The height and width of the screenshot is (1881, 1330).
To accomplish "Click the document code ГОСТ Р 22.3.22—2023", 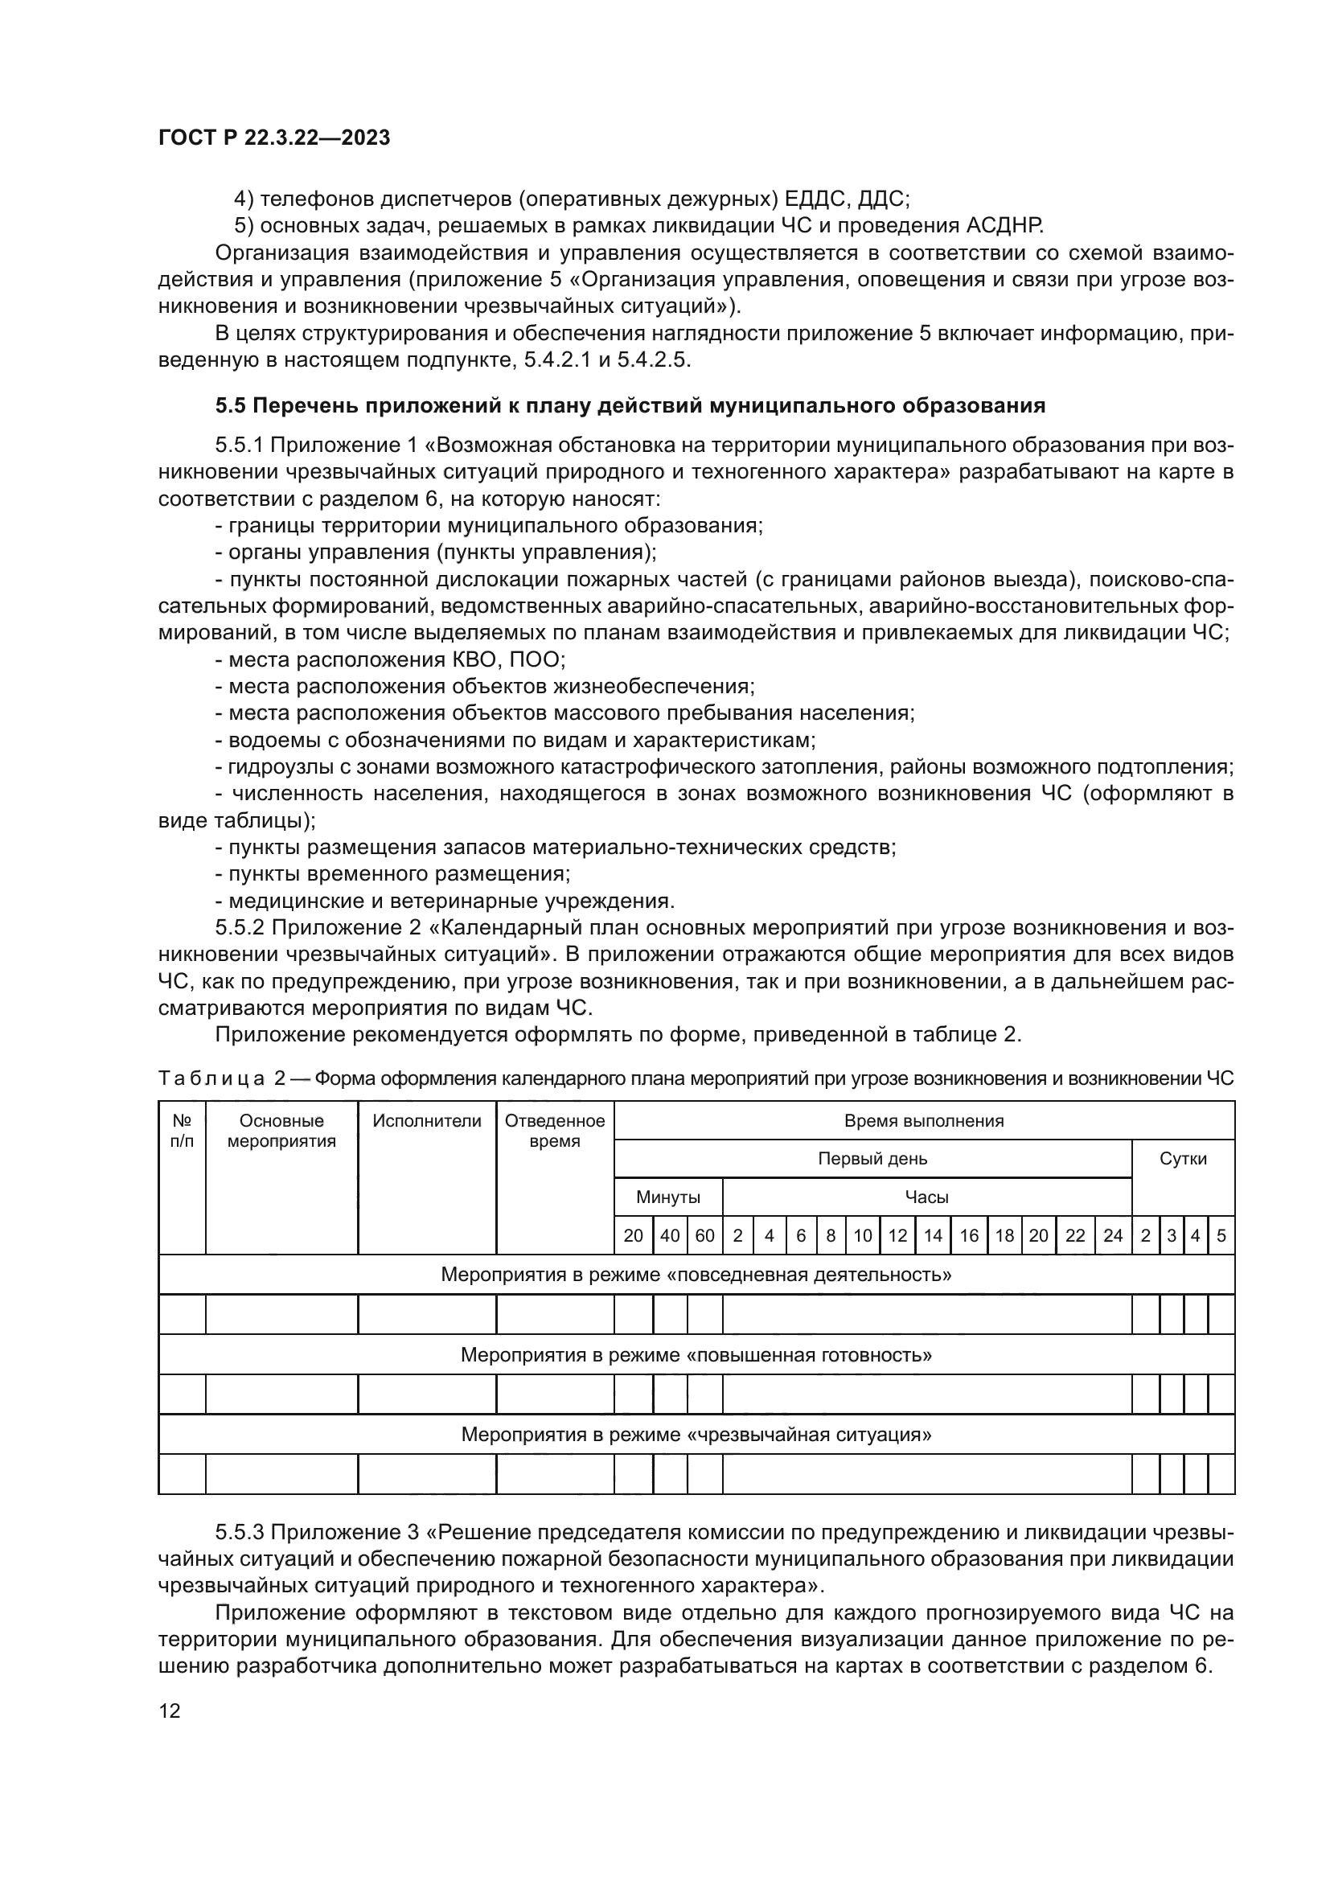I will click(273, 138).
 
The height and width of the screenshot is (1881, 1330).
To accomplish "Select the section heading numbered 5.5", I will click(630, 405).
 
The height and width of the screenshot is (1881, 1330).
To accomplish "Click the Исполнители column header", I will click(427, 1122).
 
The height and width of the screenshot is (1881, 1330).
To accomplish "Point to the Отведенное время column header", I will click(555, 1131).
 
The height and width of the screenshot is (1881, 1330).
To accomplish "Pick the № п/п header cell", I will click(182, 1131).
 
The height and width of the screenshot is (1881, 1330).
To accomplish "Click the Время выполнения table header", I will click(924, 1122).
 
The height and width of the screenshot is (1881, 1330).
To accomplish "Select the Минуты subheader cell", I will click(668, 1197).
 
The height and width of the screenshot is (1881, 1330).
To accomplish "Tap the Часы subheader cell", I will click(926, 1197).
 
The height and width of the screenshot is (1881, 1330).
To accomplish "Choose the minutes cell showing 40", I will click(670, 1236).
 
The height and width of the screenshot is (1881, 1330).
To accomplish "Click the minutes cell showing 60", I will click(704, 1236).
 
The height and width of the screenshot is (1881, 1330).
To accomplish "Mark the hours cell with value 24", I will click(1112, 1236).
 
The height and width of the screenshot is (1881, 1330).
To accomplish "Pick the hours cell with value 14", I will click(933, 1236).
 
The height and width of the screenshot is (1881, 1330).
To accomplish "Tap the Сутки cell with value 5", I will click(1221, 1236).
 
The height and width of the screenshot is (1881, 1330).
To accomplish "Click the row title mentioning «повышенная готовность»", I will click(696, 1355).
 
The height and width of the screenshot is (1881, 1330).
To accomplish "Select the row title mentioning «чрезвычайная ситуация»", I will click(696, 1435).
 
